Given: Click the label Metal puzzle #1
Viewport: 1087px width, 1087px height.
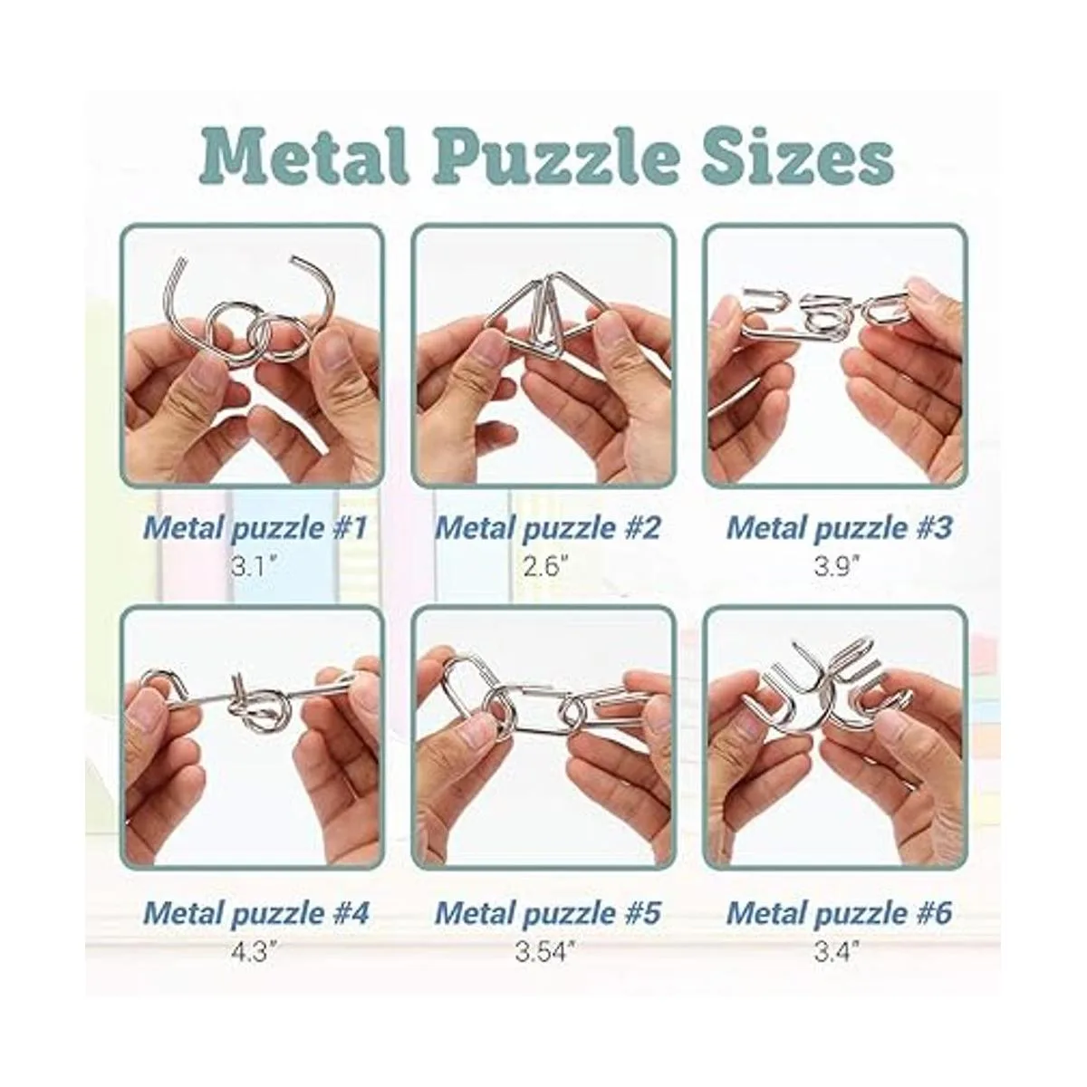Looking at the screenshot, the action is [x=255, y=528].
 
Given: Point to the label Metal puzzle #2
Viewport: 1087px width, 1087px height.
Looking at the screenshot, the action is [x=547, y=528].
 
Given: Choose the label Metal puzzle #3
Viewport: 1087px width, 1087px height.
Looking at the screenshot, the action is [x=839, y=528].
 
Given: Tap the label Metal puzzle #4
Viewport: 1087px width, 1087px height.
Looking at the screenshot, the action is [x=255, y=913].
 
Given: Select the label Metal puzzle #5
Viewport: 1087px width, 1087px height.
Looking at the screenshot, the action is [x=547, y=913].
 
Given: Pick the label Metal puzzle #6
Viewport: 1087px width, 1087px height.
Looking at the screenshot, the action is [x=839, y=913].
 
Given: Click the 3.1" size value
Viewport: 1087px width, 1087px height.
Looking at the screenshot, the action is [x=255, y=566].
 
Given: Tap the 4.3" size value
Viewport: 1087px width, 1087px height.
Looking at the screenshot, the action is [x=255, y=952].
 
